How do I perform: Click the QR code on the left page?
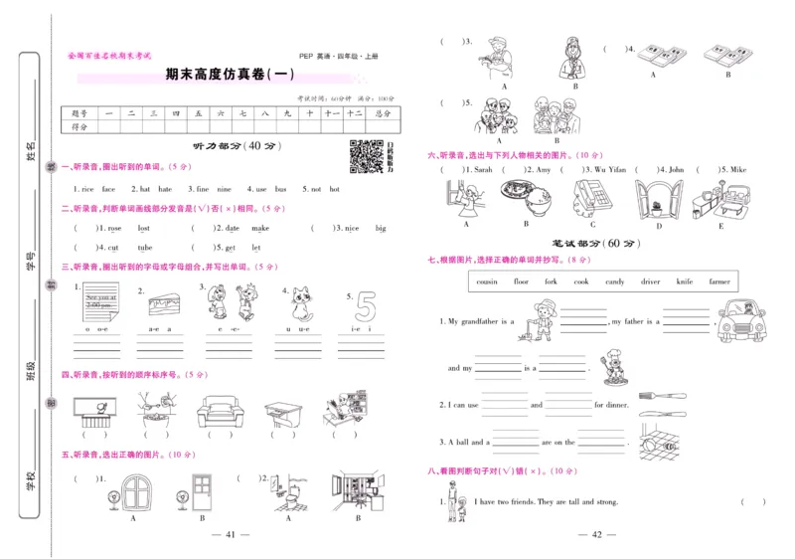367,156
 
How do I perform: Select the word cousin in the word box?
487,281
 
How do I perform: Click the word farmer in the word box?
718,281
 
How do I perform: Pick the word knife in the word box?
685,281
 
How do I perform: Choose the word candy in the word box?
615,281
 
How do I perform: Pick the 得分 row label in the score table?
80,127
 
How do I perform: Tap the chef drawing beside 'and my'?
609,368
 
